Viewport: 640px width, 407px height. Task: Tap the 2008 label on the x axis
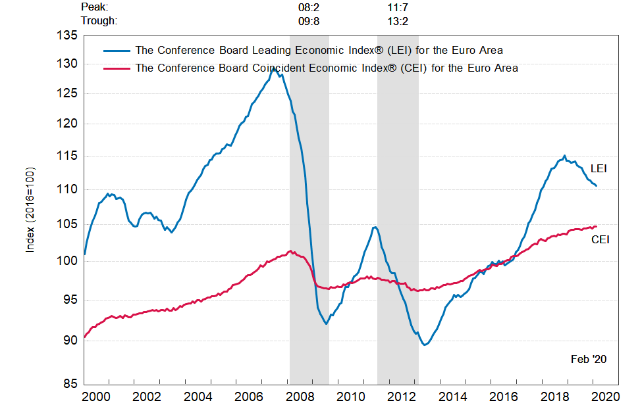click(x=301, y=397)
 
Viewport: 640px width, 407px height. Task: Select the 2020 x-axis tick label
click(x=606, y=397)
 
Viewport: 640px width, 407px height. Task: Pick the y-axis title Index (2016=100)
click(x=30, y=210)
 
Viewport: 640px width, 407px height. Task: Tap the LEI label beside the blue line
click(x=599, y=169)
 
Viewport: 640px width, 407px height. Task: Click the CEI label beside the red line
click(x=600, y=239)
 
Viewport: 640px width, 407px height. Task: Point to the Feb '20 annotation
click(x=588, y=359)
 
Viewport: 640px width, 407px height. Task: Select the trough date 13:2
click(x=398, y=20)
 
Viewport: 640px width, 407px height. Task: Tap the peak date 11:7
click(x=398, y=7)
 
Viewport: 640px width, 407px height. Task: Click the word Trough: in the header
click(x=99, y=20)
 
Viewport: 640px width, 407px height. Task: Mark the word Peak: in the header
click(x=95, y=7)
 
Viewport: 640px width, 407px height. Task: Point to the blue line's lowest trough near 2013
click(x=425, y=345)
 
